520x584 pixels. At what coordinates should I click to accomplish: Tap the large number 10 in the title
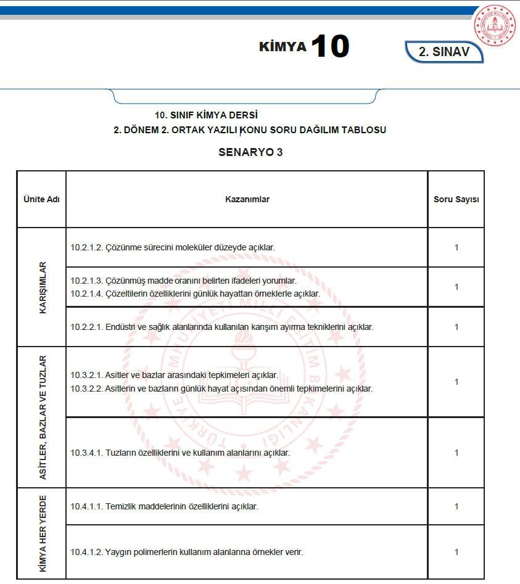click(x=330, y=46)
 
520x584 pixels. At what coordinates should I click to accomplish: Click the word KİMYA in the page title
click(x=283, y=47)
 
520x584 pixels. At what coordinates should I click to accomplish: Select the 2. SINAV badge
click(x=444, y=52)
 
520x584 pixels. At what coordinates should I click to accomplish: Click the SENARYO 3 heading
click(x=250, y=152)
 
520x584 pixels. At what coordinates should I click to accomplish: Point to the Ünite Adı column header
click(x=41, y=199)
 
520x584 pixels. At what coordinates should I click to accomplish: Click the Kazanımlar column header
click(x=247, y=199)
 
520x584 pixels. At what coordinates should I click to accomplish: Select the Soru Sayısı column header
click(x=456, y=199)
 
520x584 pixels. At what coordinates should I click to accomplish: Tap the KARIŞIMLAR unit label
click(x=43, y=287)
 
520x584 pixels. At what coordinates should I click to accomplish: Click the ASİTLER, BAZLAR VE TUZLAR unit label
click(x=43, y=417)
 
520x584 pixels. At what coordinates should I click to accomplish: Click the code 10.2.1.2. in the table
click(x=86, y=247)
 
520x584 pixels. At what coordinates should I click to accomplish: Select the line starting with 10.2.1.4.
click(x=195, y=294)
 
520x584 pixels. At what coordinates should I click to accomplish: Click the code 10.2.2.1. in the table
click(x=86, y=327)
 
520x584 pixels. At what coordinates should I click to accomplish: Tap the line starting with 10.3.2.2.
click(x=221, y=389)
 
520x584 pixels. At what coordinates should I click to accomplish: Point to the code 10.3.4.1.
click(x=86, y=453)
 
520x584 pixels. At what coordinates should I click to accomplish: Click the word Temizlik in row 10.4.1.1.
click(x=121, y=507)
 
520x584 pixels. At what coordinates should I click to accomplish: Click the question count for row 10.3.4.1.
click(x=456, y=453)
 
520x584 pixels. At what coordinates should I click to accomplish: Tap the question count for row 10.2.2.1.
click(x=456, y=327)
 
